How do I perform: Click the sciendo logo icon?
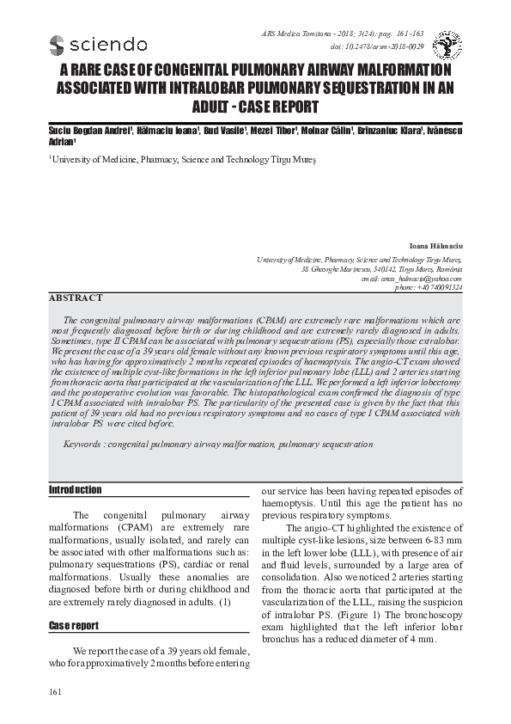(58, 45)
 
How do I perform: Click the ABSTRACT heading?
(76, 298)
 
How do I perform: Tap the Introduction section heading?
(75, 490)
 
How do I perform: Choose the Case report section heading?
(74, 626)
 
